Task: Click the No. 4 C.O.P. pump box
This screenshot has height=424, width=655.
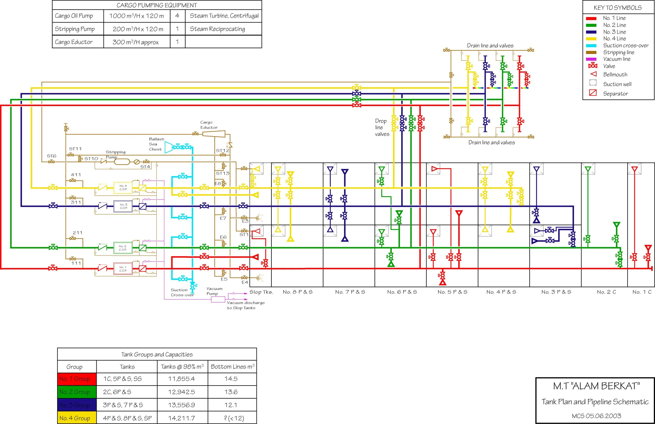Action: pos(123,188)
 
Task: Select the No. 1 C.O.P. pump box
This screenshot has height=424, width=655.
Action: pos(123,269)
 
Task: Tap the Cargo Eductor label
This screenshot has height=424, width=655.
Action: pos(209,125)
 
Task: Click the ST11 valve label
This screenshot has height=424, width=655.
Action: pos(75,149)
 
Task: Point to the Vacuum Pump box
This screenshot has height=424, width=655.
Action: pos(218,299)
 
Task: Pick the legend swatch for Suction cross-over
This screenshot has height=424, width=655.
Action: pos(591,46)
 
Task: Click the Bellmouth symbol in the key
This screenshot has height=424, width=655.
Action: pos(593,74)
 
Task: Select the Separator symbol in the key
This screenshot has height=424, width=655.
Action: pos(593,93)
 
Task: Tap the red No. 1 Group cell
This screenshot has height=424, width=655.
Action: pos(77,379)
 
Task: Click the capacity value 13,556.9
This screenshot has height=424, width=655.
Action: pos(182,405)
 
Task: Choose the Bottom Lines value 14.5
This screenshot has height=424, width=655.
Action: pos(231,379)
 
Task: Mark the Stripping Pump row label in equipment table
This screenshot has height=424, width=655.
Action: pos(75,29)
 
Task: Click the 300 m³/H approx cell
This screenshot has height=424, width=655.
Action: pos(136,42)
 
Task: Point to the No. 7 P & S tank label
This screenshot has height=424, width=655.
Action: pos(350,292)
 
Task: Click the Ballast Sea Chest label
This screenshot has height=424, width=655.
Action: pos(156,144)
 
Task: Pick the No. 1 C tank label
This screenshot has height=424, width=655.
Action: pos(642,292)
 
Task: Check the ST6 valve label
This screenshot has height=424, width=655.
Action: pos(51,156)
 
